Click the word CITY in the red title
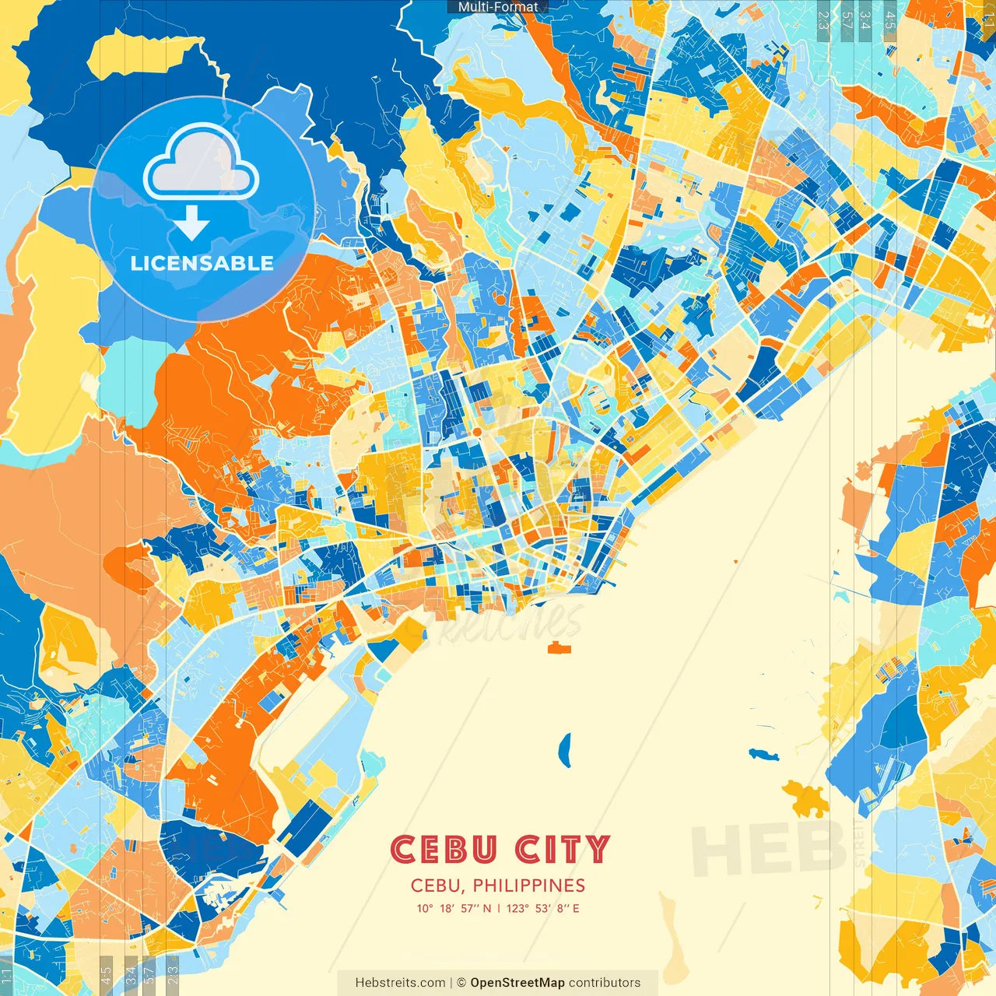tap(563, 850)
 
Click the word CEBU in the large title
tap(443, 850)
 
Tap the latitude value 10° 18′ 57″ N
tap(454, 908)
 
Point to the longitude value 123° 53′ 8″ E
tap(542, 908)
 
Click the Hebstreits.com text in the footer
tap(400, 983)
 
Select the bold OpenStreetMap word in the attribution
tap(517, 983)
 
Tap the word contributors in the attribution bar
tap(605, 983)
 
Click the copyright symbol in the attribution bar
tap(461, 983)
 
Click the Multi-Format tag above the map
tap(498, 6)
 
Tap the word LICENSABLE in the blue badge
tap(202, 263)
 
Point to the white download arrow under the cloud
tap(191, 223)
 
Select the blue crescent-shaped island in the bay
tap(564, 750)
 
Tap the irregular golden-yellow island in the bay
tap(806, 798)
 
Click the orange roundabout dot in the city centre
tap(475, 431)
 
